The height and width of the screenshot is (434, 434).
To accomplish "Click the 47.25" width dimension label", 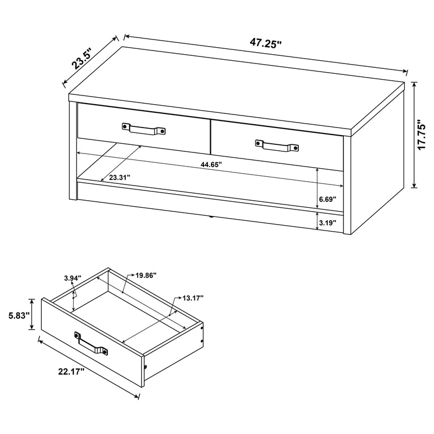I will point(266,43).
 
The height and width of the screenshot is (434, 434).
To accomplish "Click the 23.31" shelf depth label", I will point(119,177).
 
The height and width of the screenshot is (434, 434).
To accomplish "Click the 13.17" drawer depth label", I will point(193,298).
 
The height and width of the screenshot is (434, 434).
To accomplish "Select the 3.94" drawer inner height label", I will point(72,278).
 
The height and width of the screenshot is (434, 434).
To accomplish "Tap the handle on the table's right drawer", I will point(277,145).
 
